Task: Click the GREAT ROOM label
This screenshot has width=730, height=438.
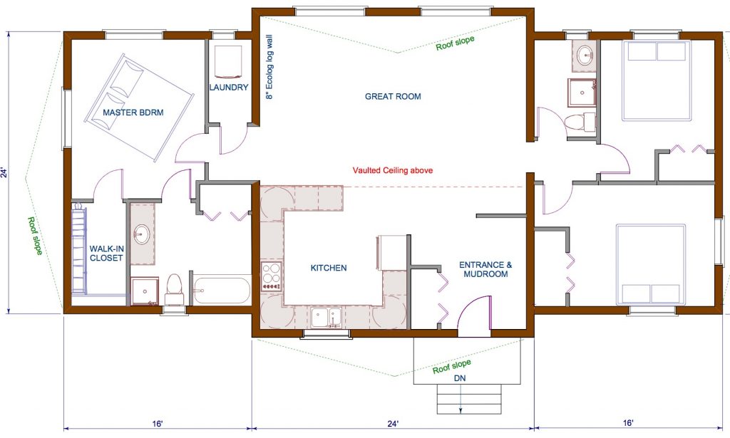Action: click(x=393, y=96)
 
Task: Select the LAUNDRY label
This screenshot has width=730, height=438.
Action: click(x=229, y=88)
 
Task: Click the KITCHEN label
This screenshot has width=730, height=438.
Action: click(x=329, y=268)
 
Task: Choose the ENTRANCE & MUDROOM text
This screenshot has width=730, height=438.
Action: click(x=485, y=268)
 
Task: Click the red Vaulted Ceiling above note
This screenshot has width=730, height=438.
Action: click(x=393, y=171)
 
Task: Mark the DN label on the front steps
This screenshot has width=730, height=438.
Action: click(x=460, y=379)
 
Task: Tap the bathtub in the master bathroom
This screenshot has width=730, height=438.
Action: click(x=222, y=291)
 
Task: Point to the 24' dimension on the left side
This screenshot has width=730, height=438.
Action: click(x=4, y=172)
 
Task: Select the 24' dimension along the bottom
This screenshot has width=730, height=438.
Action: click(x=393, y=424)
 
